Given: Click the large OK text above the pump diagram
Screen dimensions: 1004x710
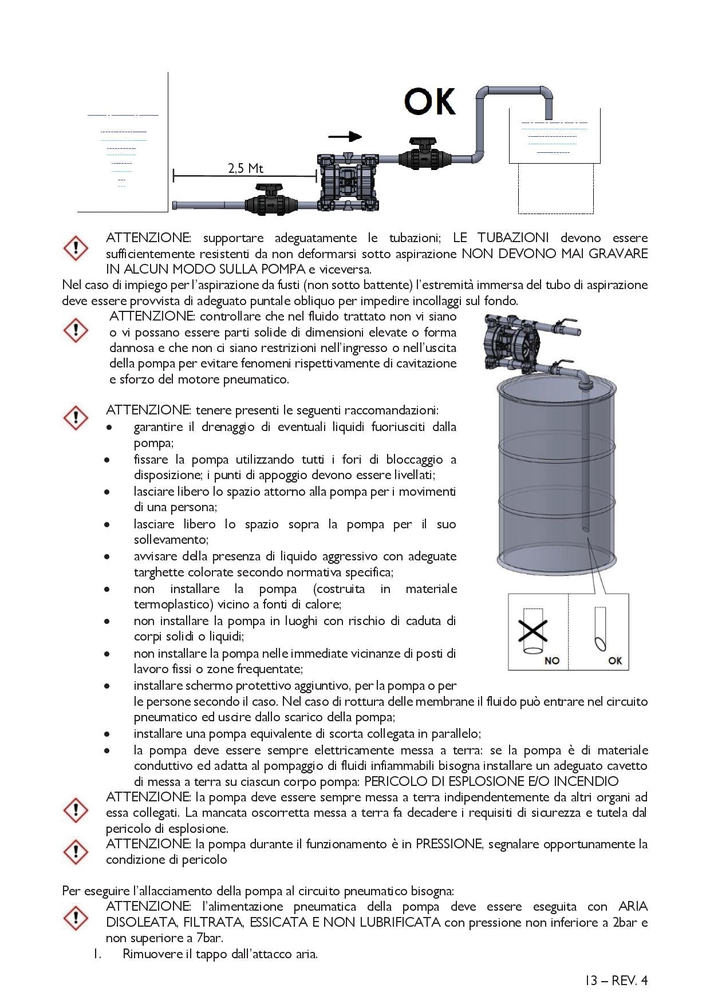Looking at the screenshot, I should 430,102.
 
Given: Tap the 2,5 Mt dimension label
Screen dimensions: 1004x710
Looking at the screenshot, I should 245,168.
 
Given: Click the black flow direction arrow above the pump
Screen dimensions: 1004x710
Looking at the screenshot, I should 345,136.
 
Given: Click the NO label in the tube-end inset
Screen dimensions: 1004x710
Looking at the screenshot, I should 552,661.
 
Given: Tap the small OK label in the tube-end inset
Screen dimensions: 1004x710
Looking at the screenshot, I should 615,661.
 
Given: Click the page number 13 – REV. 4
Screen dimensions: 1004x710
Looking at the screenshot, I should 616,981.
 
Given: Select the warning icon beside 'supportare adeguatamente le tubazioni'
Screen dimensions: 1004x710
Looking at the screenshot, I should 75,247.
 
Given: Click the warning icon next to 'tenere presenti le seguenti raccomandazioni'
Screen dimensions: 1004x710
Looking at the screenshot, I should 75,417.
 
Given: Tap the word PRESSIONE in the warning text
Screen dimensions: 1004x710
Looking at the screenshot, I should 449,844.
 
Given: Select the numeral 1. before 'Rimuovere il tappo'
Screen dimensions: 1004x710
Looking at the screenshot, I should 97,954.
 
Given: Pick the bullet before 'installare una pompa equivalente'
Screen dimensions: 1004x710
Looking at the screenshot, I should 107,734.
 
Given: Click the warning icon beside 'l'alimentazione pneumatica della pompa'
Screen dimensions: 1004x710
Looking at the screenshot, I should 75,918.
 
